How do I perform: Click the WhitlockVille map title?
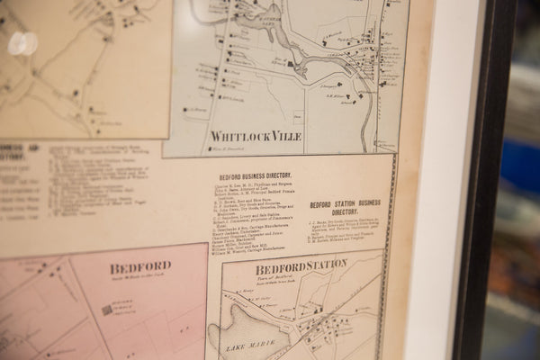tap(256, 136)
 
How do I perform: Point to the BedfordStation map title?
tap(301, 267)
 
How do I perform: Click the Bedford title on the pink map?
tap(140, 267)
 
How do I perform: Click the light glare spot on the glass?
tap(23, 43)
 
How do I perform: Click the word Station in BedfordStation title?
tap(322, 265)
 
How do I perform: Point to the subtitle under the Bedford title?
tap(140, 279)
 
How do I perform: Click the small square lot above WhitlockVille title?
tap(298, 116)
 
